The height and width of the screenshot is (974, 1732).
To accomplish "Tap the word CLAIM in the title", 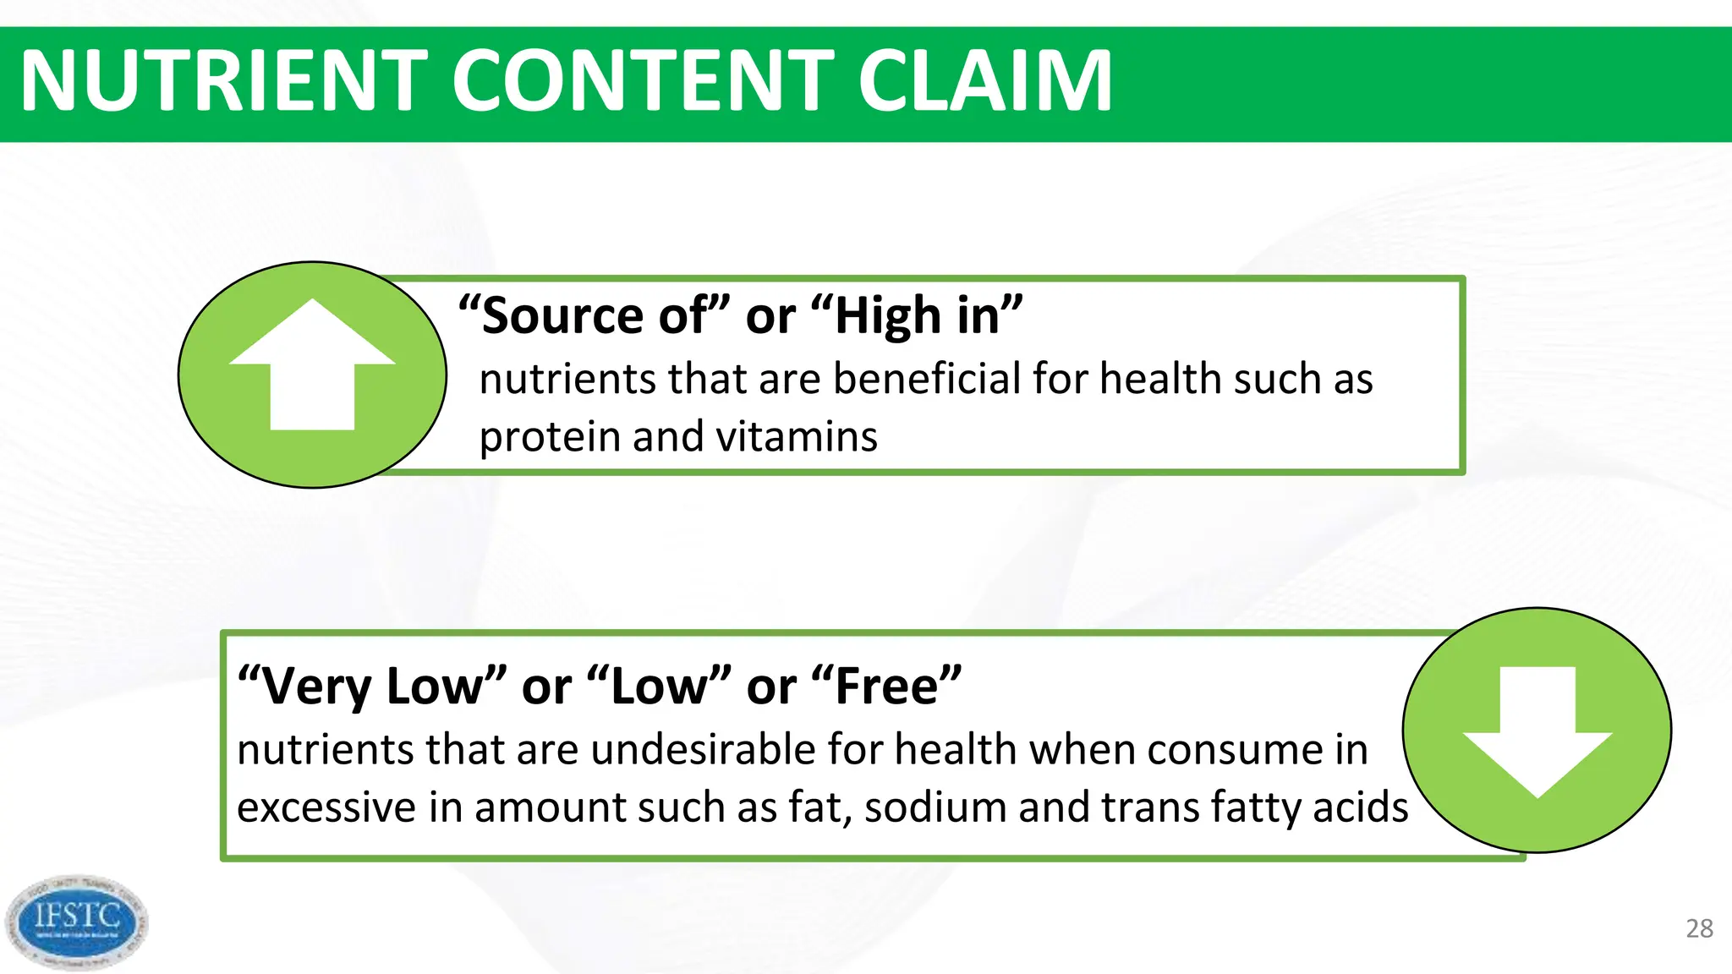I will (x=984, y=81).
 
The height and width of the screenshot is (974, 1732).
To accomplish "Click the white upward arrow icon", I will (x=312, y=365).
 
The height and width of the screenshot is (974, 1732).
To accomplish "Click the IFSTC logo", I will (x=76, y=922).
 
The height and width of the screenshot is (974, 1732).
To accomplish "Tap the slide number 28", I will (x=1699, y=928).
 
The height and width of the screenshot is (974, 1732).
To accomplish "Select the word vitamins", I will (x=797, y=438).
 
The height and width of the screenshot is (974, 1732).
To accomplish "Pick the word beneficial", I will (x=927, y=379).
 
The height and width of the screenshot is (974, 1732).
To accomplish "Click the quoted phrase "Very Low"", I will (x=372, y=686).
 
